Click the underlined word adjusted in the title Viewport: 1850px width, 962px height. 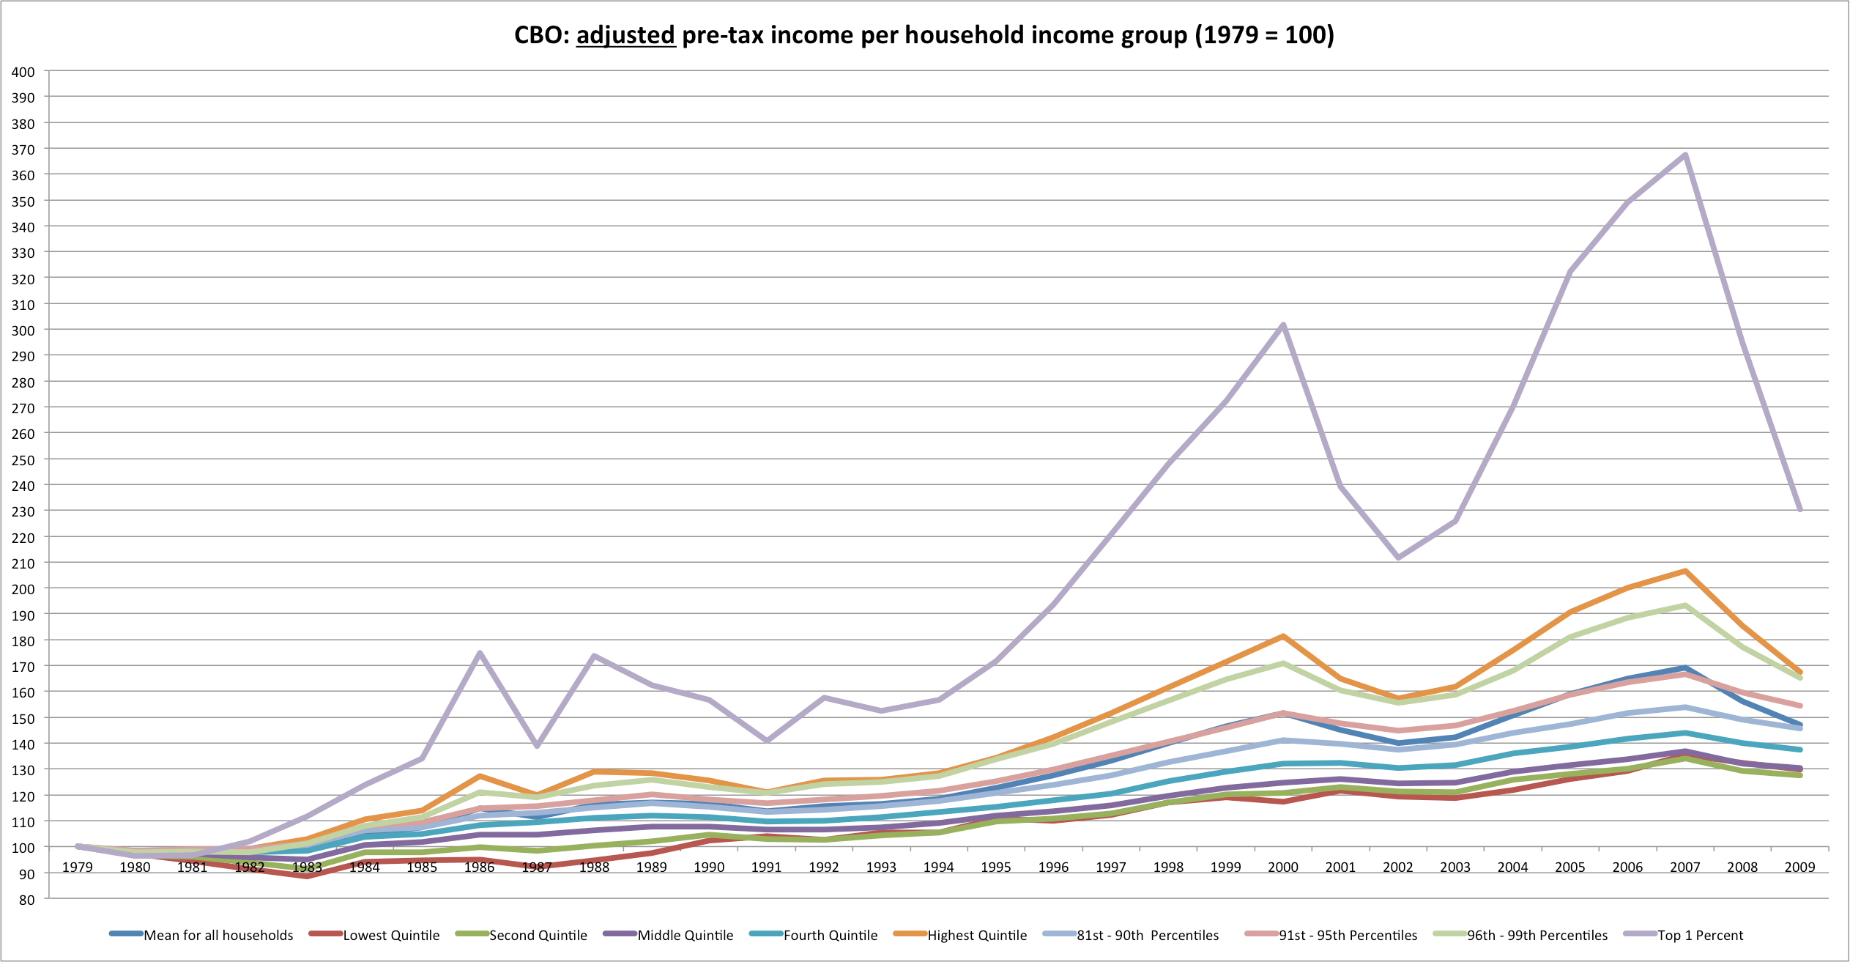(x=625, y=35)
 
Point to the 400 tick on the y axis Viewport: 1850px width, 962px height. (x=23, y=72)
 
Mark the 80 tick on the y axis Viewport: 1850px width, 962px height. (x=27, y=900)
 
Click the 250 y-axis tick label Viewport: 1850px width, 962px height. (x=23, y=459)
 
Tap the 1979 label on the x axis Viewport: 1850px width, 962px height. (x=78, y=867)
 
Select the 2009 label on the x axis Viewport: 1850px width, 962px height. (x=1799, y=867)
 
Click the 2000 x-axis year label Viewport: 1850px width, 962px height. (x=1283, y=867)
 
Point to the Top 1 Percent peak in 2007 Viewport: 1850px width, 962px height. (x=1685, y=155)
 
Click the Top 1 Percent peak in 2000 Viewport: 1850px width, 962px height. (x=1283, y=325)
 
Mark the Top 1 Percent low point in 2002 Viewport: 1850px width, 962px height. (x=1398, y=558)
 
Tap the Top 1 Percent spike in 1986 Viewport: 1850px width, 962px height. (x=480, y=653)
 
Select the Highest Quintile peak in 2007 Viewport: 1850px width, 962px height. (x=1685, y=571)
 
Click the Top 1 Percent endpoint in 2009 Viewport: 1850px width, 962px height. (x=1799, y=510)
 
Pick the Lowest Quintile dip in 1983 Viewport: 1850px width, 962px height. (x=307, y=876)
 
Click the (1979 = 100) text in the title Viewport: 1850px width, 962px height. (x=1265, y=35)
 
